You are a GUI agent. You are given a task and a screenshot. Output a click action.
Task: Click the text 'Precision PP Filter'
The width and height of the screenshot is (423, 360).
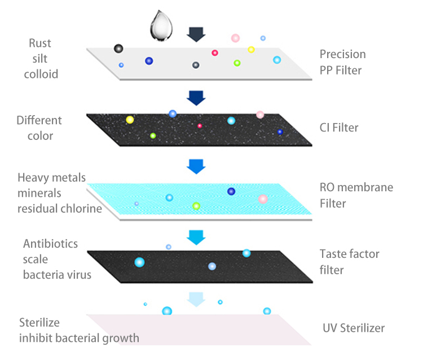pos(342,62)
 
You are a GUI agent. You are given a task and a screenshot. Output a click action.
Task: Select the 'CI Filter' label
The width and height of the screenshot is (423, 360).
pos(338,128)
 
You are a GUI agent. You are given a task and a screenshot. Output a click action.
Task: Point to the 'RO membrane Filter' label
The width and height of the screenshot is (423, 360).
pos(356,195)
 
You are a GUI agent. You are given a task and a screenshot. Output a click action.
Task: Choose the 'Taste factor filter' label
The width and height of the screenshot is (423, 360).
pos(349,262)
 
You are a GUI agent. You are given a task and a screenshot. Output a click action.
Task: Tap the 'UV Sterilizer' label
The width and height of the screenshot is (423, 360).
pos(354,328)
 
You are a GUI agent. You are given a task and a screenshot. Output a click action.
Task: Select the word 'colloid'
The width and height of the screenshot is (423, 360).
pos(41,74)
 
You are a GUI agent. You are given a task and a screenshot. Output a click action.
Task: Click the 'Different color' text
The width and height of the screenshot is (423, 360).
pos(39,128)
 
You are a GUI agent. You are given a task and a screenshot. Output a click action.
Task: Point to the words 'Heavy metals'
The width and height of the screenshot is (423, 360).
pos(52,178)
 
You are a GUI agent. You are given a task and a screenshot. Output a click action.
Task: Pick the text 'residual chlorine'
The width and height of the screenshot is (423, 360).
pos(60,208)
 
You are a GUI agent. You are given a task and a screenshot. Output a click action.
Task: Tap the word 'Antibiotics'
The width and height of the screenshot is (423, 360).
pos(51,244)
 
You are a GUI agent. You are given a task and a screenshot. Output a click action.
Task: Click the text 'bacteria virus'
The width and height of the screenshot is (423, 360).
pos(57,275)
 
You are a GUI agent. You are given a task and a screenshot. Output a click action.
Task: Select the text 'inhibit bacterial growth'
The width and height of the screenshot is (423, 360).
pos(79,339)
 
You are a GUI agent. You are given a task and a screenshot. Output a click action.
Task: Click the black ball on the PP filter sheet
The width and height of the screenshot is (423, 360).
pos(118,49)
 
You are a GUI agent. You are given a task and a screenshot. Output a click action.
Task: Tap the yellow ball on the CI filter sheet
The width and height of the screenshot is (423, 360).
pos(130,120)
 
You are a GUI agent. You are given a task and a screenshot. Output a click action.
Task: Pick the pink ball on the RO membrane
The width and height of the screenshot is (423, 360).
pos(263,199)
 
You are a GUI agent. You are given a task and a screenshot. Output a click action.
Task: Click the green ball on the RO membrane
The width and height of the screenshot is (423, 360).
pos(196,206)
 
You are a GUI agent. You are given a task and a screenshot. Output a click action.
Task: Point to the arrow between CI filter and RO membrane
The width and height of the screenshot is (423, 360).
pos(196,165)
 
